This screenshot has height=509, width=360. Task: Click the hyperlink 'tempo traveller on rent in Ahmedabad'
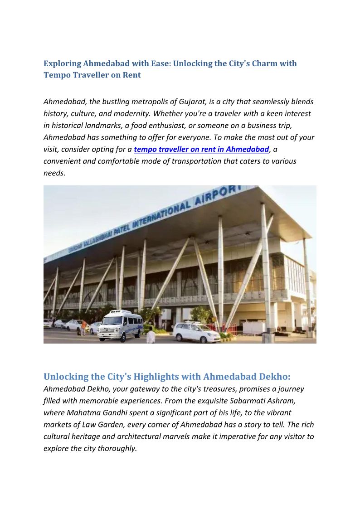coord(201,149)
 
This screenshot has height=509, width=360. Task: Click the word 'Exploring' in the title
coord(62,63)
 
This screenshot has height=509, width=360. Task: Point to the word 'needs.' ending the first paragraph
coord(54,173)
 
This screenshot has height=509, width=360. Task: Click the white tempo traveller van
coord(121,325)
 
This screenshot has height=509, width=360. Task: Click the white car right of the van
coord(196,333)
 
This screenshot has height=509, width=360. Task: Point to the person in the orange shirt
coord(83,327)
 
